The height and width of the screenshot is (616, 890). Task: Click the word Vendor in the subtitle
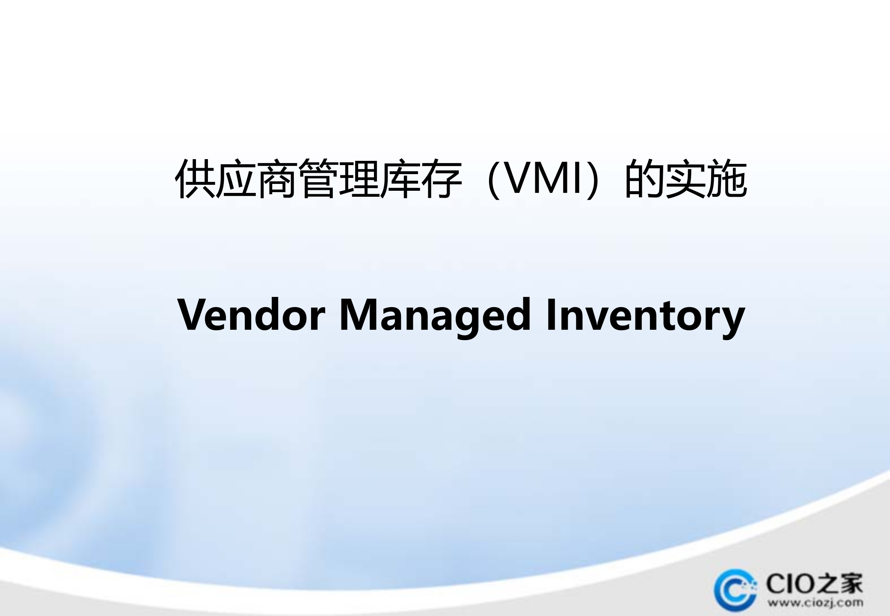[251, 315]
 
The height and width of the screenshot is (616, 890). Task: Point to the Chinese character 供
[195, 179]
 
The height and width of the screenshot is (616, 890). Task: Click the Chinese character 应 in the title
[236, 179]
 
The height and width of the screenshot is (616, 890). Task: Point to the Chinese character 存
[441, 179]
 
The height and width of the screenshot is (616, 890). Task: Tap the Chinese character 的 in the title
[644, 179]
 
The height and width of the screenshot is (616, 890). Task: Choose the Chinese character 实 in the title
[685, 179]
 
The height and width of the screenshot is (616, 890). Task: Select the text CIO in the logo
[785, 583]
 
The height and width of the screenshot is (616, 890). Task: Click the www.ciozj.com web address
[815, 603]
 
